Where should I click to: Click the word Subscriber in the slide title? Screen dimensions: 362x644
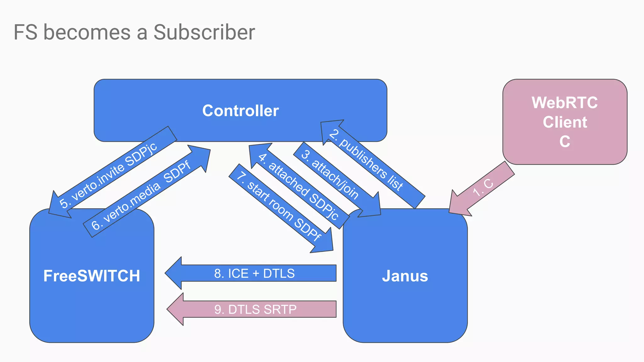(x=204, y=32)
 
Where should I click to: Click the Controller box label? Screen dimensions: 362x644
(x=240, y=111)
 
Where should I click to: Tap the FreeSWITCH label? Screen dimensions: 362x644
(x=92, y=276)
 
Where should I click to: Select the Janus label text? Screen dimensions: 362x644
(x=405, y=276)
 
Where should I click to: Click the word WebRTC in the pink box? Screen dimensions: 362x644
(x=564, y=103)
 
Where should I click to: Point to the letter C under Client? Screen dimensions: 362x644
(x=565, y=142)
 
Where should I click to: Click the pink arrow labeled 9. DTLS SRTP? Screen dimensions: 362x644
(x=255, y=310)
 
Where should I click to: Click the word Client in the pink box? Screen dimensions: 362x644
(x=565, y=122)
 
